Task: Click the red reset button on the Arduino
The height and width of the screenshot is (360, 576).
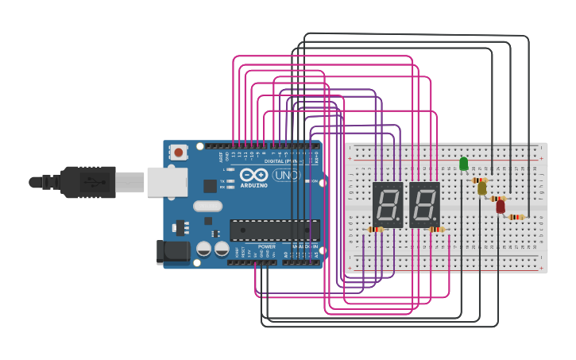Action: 179,152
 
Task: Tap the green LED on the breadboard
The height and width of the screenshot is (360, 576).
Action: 464,164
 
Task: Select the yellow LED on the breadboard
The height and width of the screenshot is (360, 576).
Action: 482,188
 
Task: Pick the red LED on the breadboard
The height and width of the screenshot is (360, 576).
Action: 501,207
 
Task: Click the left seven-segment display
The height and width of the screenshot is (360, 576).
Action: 388,205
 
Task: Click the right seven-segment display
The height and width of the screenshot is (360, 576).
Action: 424,205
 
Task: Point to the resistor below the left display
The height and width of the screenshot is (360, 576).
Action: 375,230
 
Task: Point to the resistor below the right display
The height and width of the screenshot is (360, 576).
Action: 435,230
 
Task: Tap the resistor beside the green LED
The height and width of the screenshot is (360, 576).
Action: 479,180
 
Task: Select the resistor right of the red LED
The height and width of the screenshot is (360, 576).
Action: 516,217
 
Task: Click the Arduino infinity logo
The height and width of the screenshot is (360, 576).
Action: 255,176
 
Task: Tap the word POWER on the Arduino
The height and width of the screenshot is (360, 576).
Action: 267,246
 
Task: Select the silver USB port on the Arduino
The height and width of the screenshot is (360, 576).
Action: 168,182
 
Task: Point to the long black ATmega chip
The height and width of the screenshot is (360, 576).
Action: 275,230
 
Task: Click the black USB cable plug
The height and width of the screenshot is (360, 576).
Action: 87,182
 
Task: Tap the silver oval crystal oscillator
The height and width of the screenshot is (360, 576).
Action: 207,207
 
